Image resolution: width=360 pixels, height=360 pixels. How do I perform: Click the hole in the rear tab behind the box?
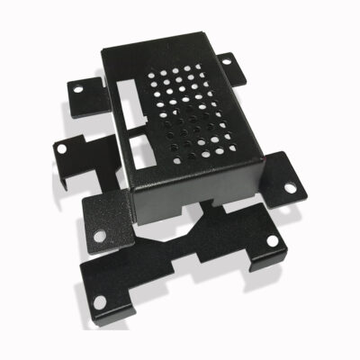tap(226, 61)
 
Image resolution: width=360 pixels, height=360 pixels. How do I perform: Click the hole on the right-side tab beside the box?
tap(290, 188)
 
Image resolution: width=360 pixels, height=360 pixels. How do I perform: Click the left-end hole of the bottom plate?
tap(99, 301)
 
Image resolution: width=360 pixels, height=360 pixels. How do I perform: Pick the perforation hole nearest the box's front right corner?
tap(236, 143)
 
